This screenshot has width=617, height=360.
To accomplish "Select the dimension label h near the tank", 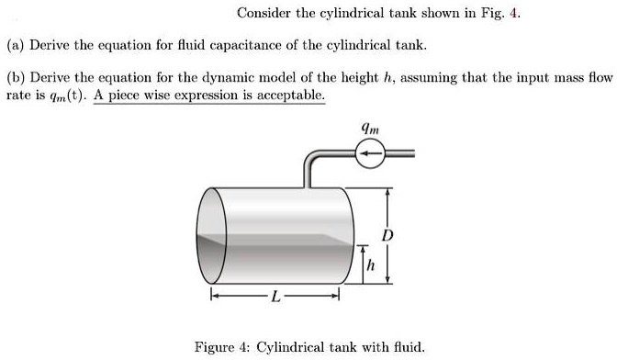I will tap(370, 265).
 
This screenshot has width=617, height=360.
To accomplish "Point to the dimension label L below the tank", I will tap(275, 296).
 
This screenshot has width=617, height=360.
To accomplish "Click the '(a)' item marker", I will tap(16, 45).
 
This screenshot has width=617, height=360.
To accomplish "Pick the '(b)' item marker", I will tap(17, 79).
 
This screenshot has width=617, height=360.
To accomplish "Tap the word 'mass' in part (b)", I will tap(552, 79).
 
